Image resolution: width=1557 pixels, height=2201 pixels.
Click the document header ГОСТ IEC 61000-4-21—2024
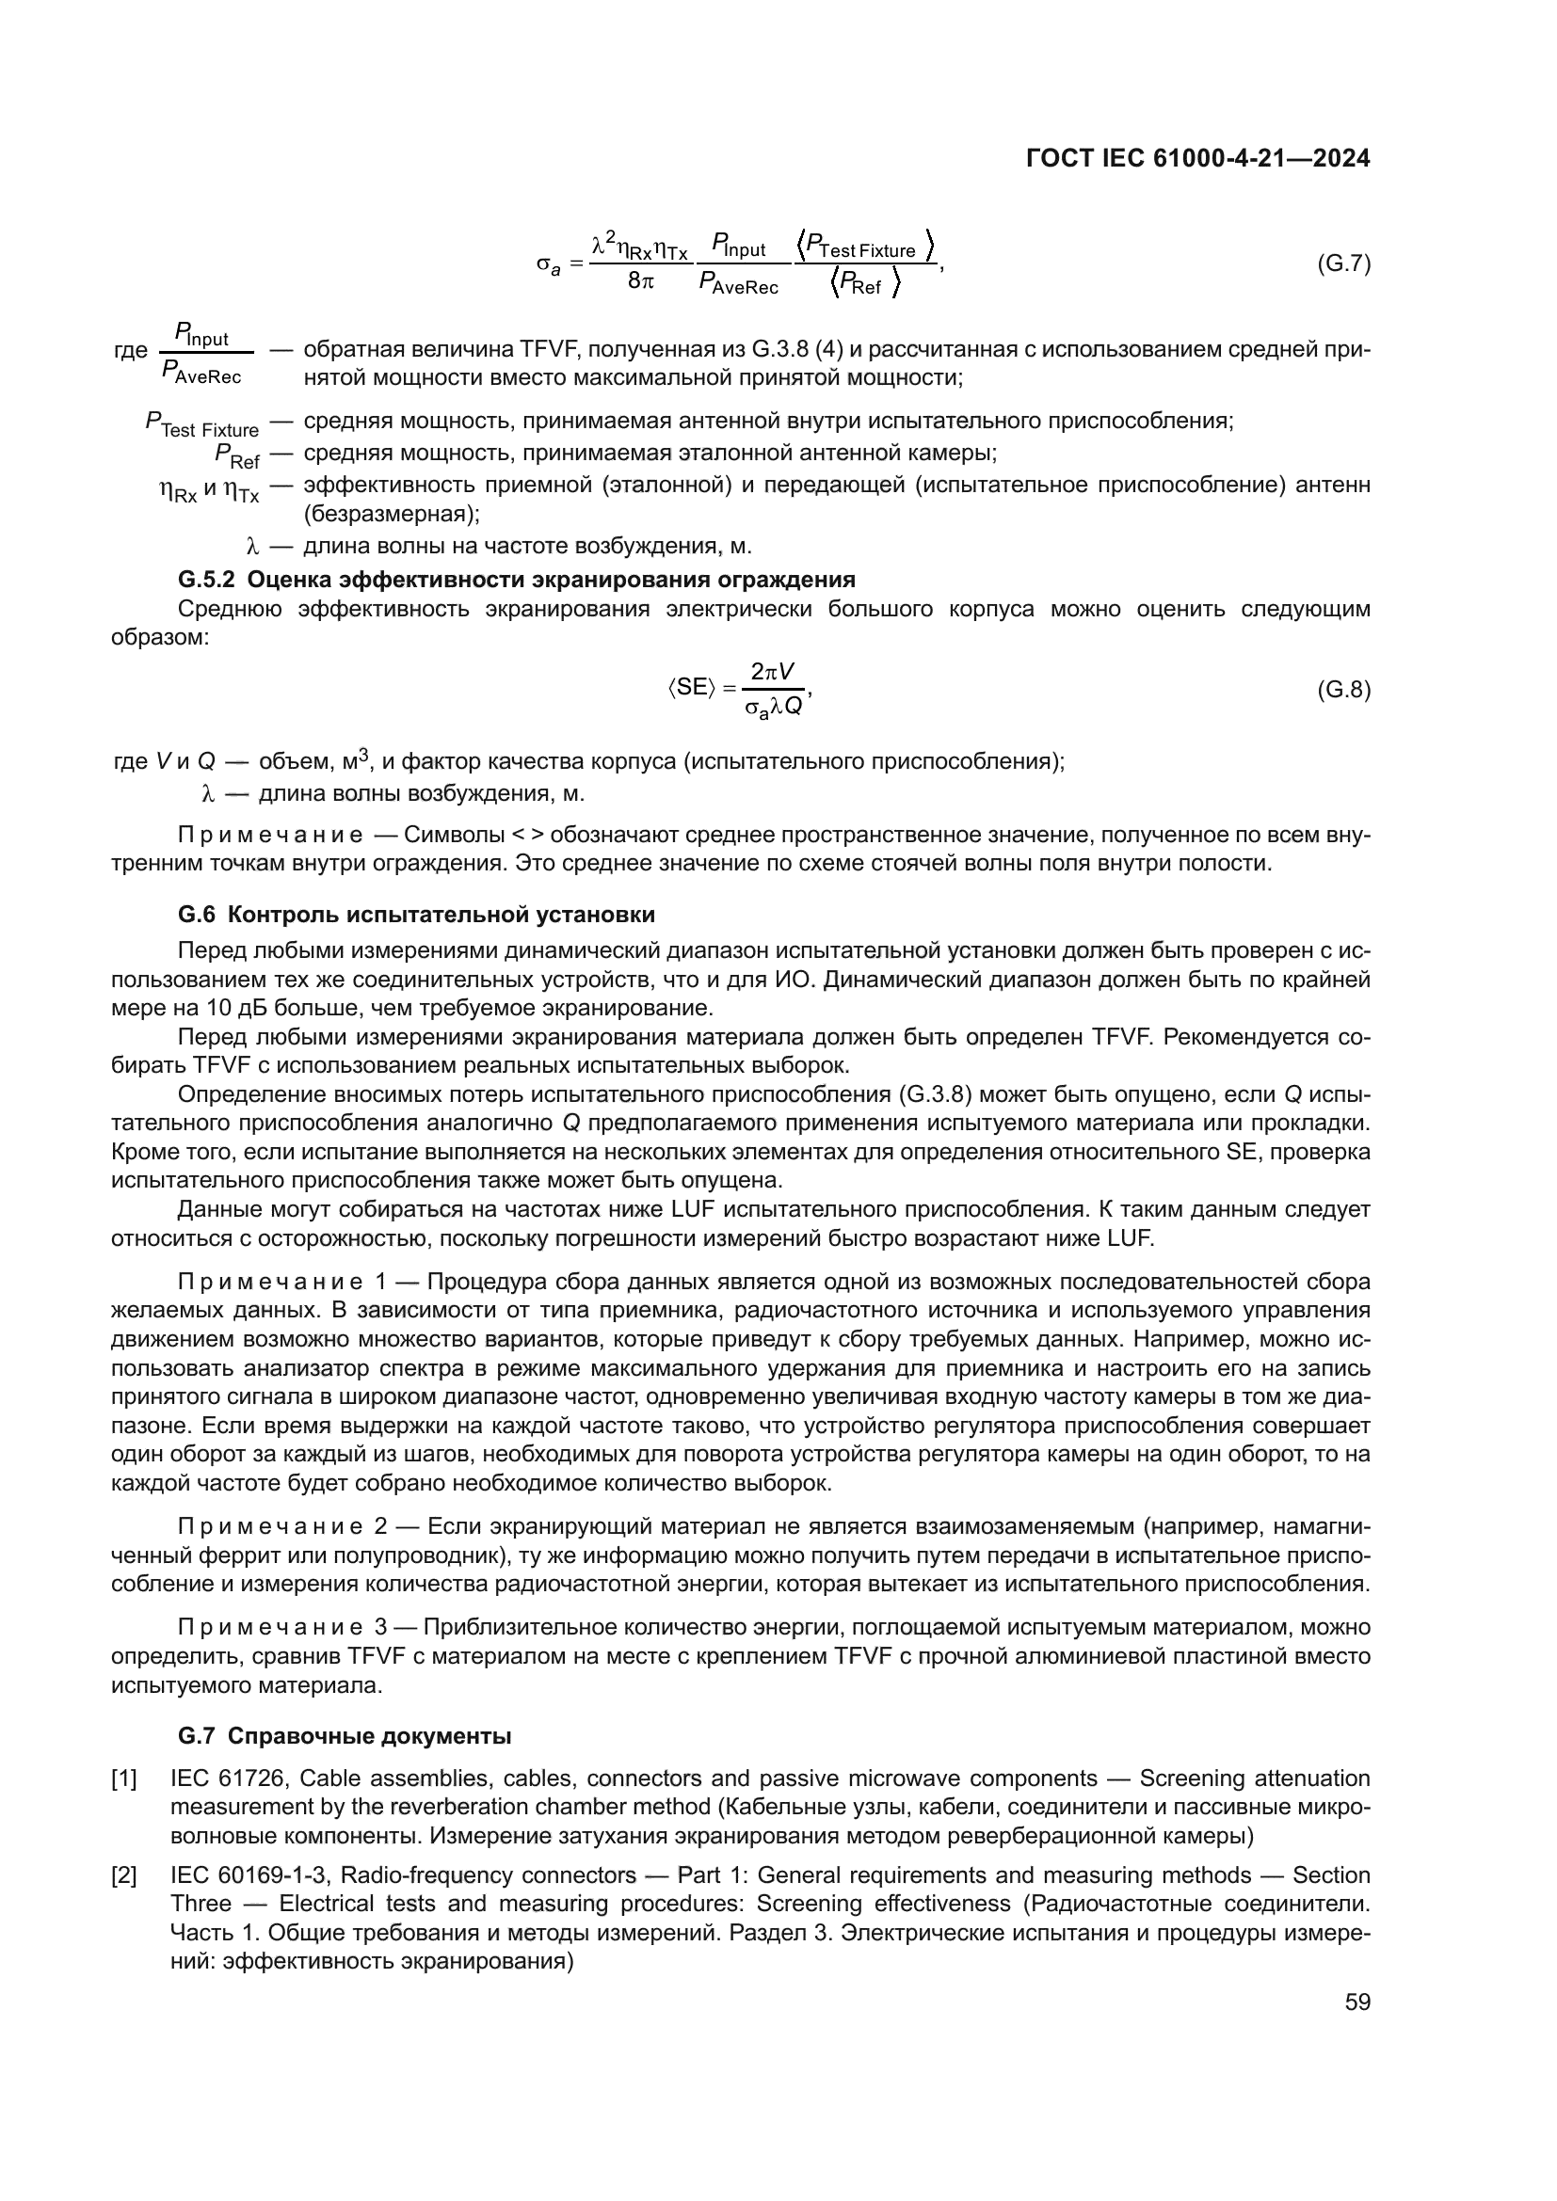[x=1197, y=158]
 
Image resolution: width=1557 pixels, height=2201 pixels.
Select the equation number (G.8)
[x=1343, y=689]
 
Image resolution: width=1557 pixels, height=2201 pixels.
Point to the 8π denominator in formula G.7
[x=640, y=283]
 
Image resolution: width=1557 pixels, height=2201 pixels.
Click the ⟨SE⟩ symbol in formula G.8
[x=691, y=687]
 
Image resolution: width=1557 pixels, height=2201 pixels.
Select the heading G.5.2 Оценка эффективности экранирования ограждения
[x=516, y=579]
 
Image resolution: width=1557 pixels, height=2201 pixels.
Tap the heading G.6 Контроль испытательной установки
[x=416, y=914]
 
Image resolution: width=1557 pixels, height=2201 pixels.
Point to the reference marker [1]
[x=124, y=1780]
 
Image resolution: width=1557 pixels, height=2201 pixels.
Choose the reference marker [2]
[x=124, y=1876]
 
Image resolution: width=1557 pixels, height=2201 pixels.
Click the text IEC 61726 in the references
[x=227, y=1778]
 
